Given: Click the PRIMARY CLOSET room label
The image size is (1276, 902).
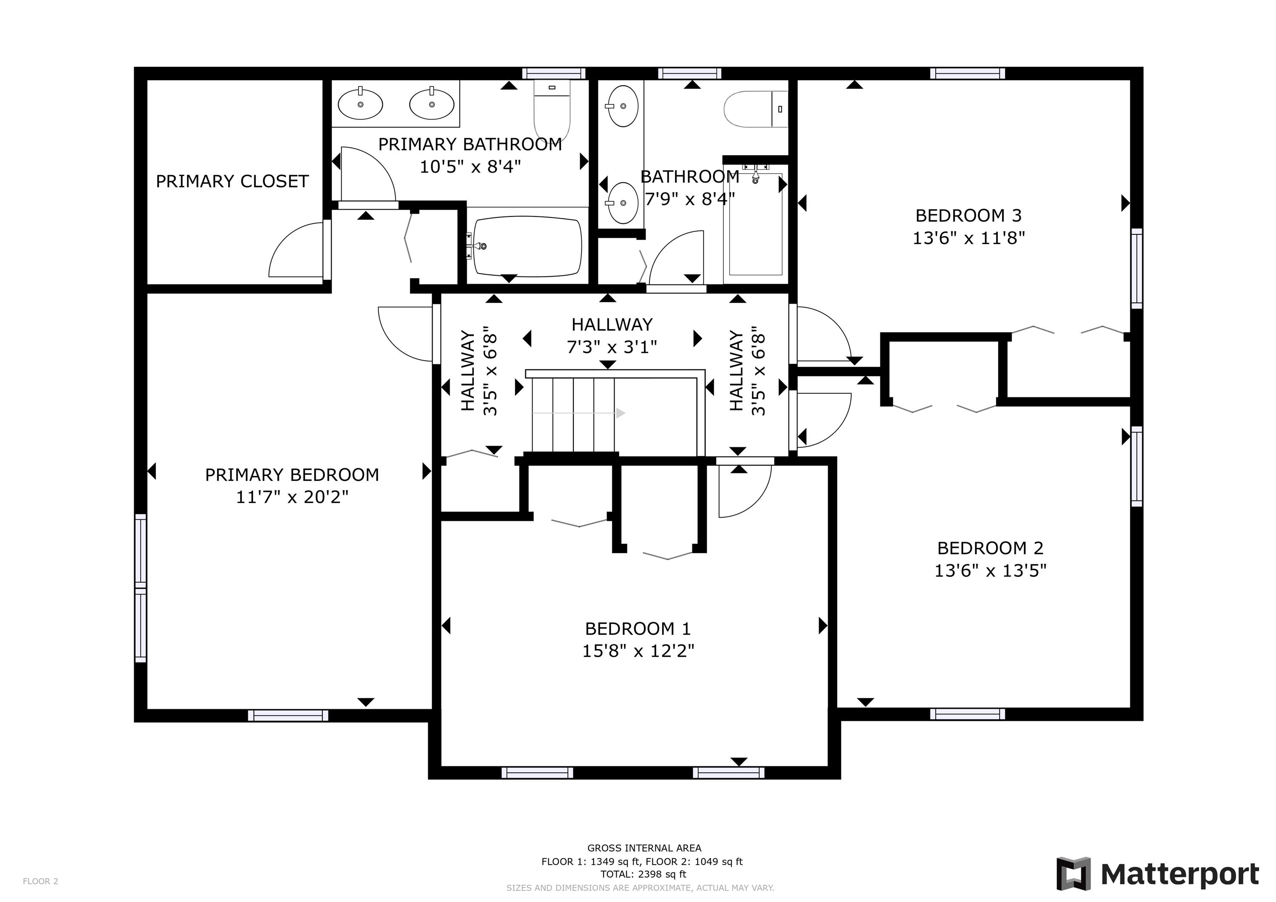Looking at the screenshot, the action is pos(232,181).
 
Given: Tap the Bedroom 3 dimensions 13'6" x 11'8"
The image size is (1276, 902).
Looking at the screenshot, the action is pos(968,238).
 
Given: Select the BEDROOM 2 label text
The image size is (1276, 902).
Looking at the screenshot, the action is pos(990,548).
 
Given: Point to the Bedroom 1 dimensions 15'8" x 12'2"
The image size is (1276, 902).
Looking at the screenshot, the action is pos(638,651).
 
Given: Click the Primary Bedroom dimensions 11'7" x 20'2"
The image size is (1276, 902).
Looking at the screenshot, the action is pos(292,497).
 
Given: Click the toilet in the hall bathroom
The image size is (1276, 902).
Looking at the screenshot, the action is pos(756,109).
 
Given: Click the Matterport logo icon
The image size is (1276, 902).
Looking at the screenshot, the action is pos(1073,874).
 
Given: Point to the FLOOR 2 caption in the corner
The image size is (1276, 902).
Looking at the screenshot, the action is pos(40,881).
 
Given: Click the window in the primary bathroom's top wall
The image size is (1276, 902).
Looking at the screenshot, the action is pos(554,74).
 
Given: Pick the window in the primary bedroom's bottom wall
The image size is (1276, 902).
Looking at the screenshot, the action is pos(288,715).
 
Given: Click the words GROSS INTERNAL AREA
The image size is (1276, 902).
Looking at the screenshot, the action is pos(644,848).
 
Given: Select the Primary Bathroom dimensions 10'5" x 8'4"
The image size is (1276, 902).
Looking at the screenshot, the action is pos(470,167).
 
